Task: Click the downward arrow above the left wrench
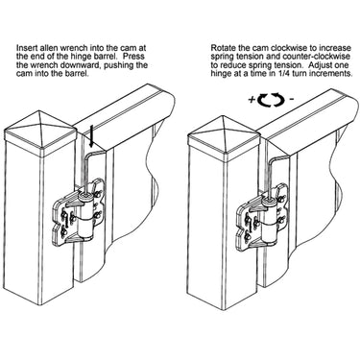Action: click(x=91, y=135)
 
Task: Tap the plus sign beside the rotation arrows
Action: click(x=252, y=99)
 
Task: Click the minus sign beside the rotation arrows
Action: click(x=291, y=99)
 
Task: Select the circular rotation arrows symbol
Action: click(x=271, y=99)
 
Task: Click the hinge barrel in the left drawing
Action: click(x=86, y=216)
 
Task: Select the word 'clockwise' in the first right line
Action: click(x=285, y=48)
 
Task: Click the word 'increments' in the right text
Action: click(x=332, y=73)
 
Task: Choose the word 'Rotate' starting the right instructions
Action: click(x=221, y=48)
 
